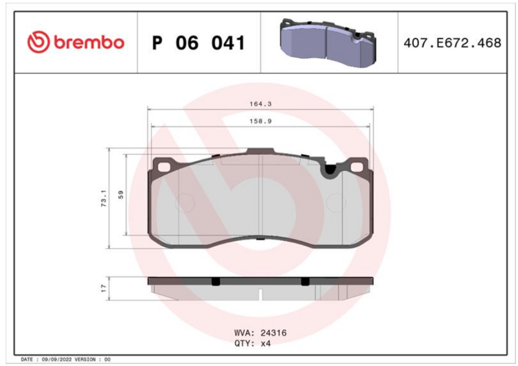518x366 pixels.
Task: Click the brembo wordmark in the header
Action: [x=89, y=43]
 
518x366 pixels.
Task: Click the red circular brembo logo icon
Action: [x=38, y=42]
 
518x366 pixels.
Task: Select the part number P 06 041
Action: [x=199, y=43]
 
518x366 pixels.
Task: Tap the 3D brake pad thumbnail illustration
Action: [x=328, y=43]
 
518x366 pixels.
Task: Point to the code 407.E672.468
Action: [x=452, y=43]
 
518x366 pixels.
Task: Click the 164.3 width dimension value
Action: [x=260, y=104]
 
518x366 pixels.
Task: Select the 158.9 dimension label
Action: [x=260, y=121]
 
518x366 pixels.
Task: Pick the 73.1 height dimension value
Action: [x=104, y=198]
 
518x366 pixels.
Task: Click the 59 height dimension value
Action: [x=121, y=194]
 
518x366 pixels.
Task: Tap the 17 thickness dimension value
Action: [x=104, y=288]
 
